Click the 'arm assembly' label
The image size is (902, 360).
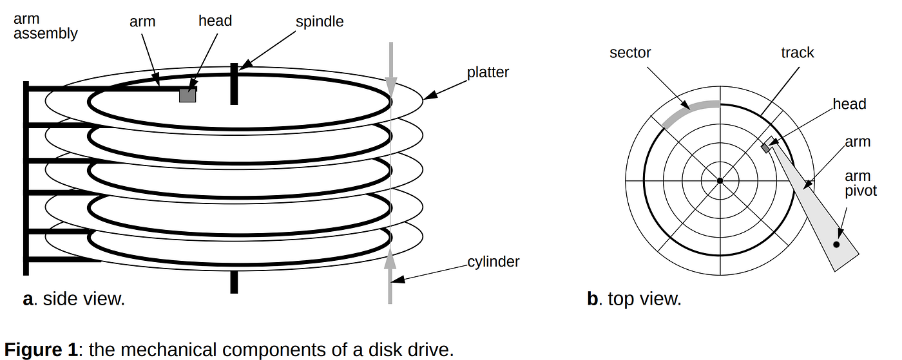pos(45,26)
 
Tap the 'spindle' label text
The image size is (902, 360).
pos(320,21)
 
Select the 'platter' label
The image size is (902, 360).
pos(488,72)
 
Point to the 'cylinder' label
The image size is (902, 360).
pos(494,261)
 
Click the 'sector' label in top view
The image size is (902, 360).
pos(630,52)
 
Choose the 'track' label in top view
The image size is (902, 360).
pos(798,52)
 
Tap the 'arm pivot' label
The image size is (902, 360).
pos(861,184)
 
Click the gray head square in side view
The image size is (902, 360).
pos(187,95)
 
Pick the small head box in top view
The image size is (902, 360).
pos(766,147)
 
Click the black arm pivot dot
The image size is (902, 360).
pos(836,244)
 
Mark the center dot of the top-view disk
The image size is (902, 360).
pos(720,181)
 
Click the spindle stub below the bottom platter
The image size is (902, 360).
pos(234,281)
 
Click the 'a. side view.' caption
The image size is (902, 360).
pos(73,299)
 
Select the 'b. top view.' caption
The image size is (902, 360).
pos(634,299)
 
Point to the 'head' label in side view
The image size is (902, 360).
pos(215,21)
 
